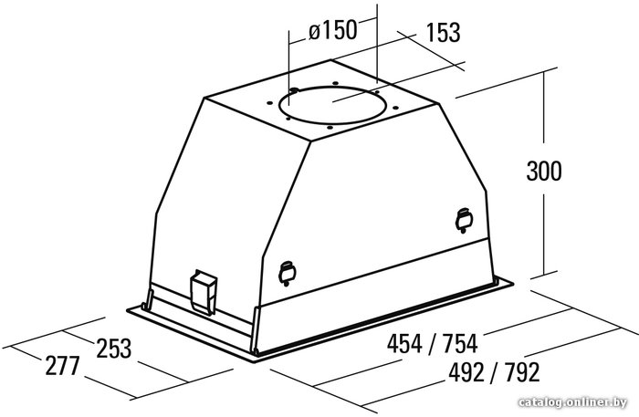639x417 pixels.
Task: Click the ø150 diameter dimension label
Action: (332, 30)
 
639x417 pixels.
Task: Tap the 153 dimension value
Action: (444, 33)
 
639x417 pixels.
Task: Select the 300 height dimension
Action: (544, 171)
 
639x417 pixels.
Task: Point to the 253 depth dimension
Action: (114, 349)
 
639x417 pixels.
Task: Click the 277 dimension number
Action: (62, 365)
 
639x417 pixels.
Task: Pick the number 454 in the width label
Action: (404, 343)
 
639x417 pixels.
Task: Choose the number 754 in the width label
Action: (460, 343)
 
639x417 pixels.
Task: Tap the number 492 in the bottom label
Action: (466, 371)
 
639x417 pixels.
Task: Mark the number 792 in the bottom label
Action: (521, 371)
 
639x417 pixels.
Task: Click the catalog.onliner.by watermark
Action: (572, 402)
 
